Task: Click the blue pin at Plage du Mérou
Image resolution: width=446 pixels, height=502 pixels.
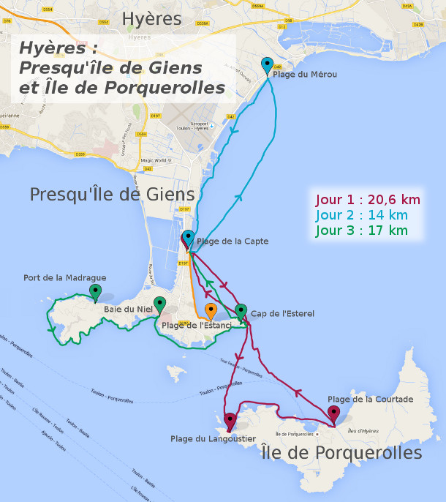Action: [x=267, y=64]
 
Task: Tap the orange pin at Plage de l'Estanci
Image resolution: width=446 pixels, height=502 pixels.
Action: [x=211, y=311]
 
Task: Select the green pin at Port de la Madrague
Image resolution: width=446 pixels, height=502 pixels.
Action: [x=95, y=293]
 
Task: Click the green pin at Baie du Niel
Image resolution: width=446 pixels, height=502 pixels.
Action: [x=159, y=304]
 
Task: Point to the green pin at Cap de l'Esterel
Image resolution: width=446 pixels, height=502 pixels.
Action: [x=241, y=312]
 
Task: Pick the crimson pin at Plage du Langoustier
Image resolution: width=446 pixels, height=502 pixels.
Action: [x=230, y=422]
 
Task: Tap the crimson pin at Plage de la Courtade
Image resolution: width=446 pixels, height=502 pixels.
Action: [x=333, y=414]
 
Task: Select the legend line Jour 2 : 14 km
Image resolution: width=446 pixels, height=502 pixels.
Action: [x=361, y=215]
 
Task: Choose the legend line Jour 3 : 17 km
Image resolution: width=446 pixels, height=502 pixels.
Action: [x=361, y=231]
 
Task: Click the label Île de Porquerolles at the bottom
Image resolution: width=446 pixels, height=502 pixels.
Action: [x=341, y=453]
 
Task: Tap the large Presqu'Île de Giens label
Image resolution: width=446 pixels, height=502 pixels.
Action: [x=113, y=195]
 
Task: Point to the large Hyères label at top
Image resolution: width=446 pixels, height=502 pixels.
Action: [x=151, y=19]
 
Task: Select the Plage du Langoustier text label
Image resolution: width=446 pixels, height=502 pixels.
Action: [x=213, y=439]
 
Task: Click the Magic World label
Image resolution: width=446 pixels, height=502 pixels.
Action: [x=154, y=160]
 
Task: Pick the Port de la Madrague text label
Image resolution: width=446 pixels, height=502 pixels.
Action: [x=64, y=278]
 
